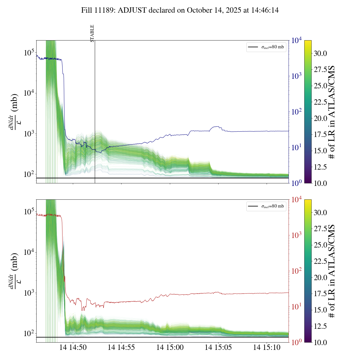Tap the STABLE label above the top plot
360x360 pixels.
92,33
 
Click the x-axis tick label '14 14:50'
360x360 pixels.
73,347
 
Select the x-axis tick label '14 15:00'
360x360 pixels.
170,347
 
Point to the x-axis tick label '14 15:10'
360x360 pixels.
267,347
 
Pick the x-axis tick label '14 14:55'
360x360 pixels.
121,347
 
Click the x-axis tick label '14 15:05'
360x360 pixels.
218,347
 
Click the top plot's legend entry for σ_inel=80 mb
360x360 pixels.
266,47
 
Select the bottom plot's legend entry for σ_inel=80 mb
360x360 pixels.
266,206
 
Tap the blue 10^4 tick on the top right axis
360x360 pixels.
296,40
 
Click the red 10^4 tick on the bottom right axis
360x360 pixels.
296,200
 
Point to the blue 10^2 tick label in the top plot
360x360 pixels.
296,112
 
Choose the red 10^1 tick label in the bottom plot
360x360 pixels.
296,307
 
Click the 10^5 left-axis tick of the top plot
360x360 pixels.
29,53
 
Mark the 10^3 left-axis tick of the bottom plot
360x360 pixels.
29,293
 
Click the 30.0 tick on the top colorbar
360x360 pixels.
320,53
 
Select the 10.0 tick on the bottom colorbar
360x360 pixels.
320,342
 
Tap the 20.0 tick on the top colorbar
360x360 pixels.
320,118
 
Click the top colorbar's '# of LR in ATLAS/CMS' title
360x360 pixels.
332,112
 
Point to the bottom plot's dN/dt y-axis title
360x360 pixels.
14,271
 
